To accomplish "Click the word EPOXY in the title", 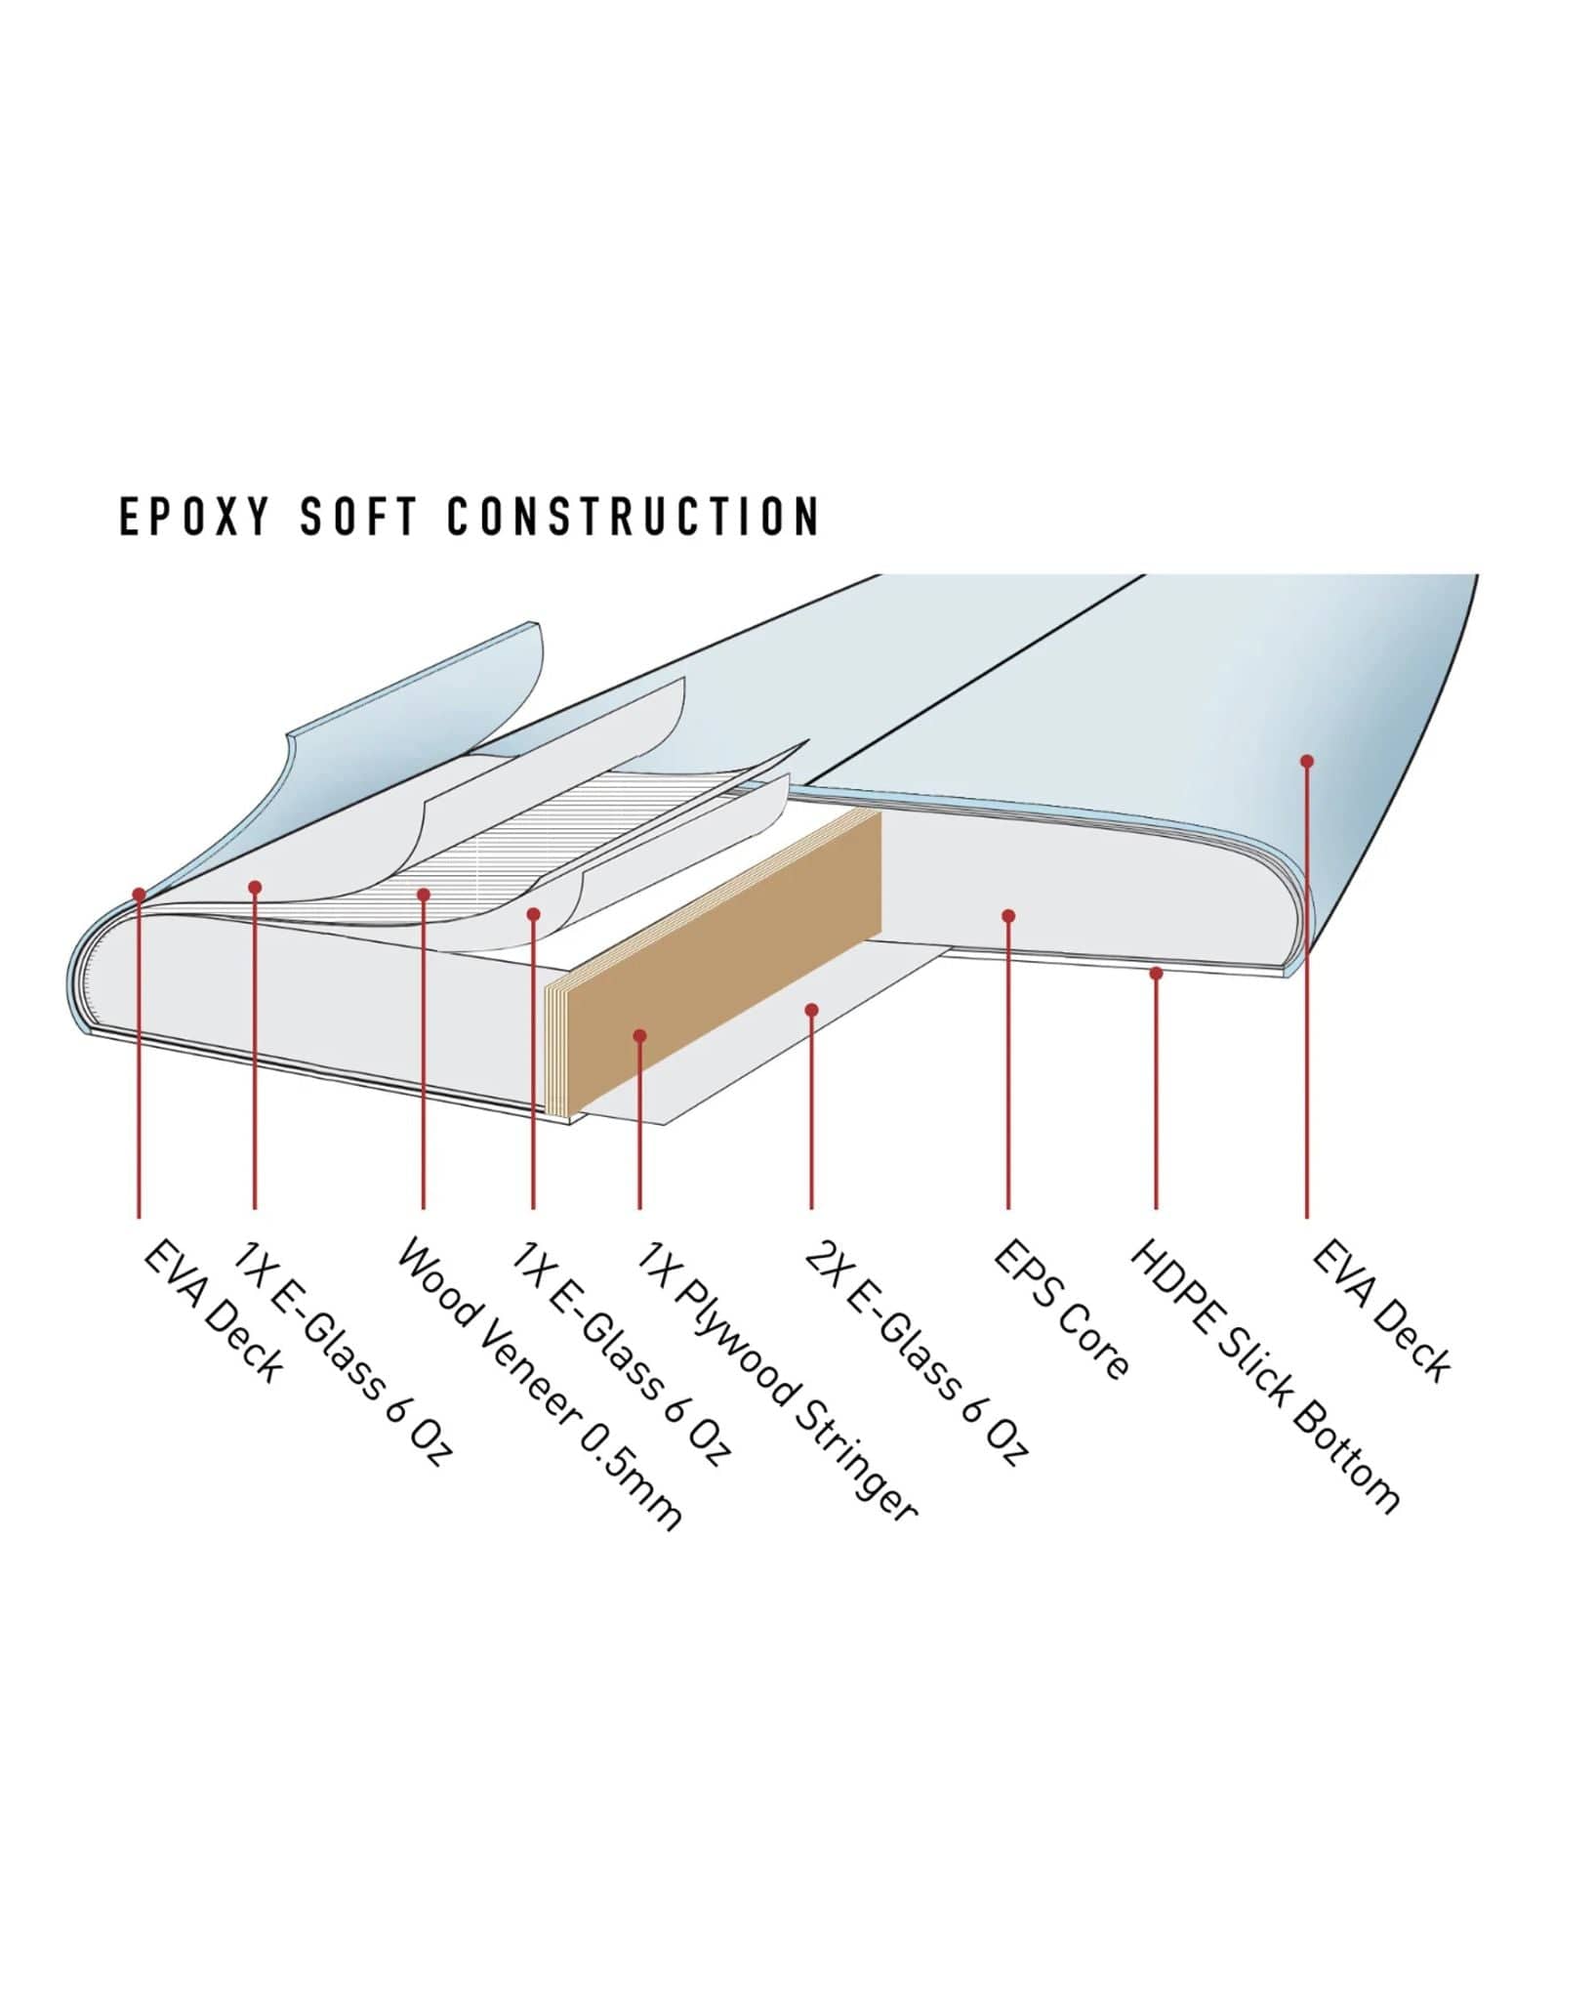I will [x=193, y=516].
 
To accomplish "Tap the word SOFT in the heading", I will [x=358, y=516].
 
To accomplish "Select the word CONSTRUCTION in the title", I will [x=634, y=516].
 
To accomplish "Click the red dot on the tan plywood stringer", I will [x=639, y=1035].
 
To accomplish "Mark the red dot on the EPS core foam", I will [x=1008, y=916].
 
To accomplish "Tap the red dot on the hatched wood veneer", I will [x=424, y=895].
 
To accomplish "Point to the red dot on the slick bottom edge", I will [x=1156, y=973].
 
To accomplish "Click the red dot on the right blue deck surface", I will [x=1307, y=761].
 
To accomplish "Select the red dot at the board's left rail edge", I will [x=140, y=894].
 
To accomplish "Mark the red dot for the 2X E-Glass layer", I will [x=811, y=1010].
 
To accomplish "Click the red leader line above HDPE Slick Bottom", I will [x=1156, y=1094].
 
